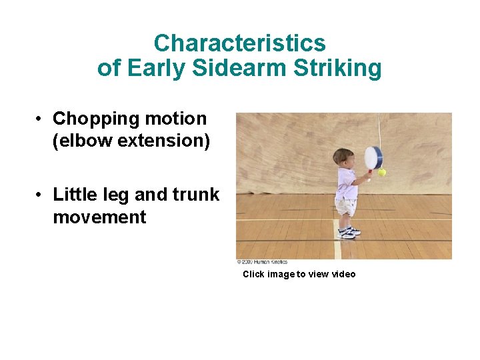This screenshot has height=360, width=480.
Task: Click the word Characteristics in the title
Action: (239, 43)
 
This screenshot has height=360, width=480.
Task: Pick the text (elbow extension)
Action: (131, 141)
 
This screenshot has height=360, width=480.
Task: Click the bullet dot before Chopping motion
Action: (41, 119)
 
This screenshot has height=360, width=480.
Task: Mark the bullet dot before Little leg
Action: (41, 195)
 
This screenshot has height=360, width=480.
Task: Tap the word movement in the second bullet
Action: (99, 217)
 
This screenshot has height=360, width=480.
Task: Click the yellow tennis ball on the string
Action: (382, 172)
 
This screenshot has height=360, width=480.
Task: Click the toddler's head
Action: (343, 158)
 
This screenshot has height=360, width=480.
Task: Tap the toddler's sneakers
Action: (347, 232)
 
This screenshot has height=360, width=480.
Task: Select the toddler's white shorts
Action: (345, 207)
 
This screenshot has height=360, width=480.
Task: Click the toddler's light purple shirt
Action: (346, 183)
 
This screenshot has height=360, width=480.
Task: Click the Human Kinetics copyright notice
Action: (263, 262)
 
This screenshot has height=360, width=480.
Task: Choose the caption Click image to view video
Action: (299, 274)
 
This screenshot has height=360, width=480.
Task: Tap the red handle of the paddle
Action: (367, 176)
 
